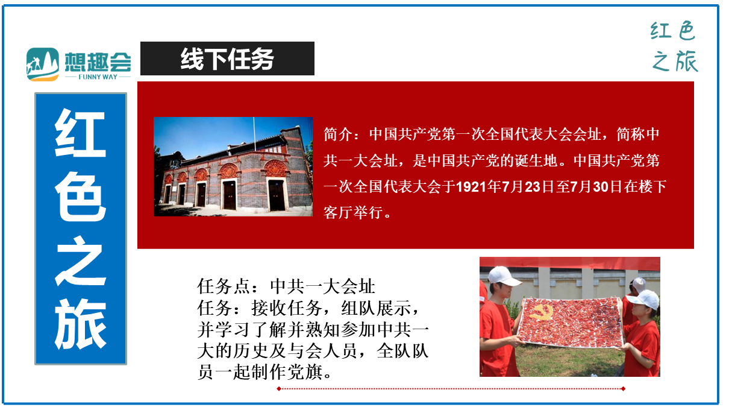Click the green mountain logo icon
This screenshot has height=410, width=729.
pyautogui.click(x=43, y=65)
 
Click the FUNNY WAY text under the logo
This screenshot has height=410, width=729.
pyautogui.click(x=98, y=77)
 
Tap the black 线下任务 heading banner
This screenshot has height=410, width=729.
pyautogui.click(x=227, y=58)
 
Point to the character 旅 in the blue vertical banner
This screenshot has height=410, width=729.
pyautogui.click(x=80, y=324)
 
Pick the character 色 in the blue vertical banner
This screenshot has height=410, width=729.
pyautogui.click(x=80, y=197)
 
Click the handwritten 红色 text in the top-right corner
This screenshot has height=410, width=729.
pyautogui.click(x=673, y=31)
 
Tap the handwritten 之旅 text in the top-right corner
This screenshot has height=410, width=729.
pyautogui.click(x=675, y=61)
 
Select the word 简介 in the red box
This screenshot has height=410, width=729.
pyautogui.click(x=338, y=134)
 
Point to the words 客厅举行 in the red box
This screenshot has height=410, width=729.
pyautogui.click(x=353, y=213)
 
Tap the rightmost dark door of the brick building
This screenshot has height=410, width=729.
pyautogui.click(x=277, y=195)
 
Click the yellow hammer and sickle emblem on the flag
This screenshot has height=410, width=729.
pyautogui.click(x=541, y=312)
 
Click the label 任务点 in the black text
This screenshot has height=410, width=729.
pyautogui.click(x=223, y=286)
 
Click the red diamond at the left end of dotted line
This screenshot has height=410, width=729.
pyautogui.click(x=279, y=388)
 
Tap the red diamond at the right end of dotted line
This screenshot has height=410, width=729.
pyautogui.click(x=623, y=388)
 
